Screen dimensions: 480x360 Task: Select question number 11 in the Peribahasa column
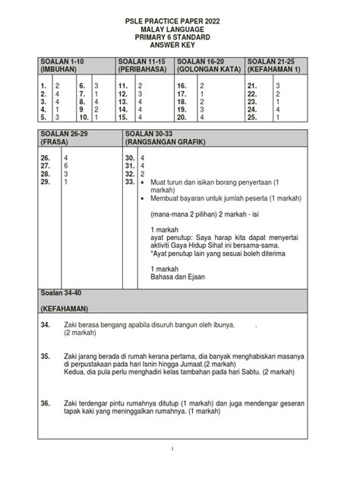click(122, 87)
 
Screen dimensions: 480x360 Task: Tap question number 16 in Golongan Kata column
click(182, 87)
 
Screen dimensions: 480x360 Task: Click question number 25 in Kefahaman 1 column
click(253, 118)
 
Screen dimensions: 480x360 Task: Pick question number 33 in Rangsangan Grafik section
click(130, 182)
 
